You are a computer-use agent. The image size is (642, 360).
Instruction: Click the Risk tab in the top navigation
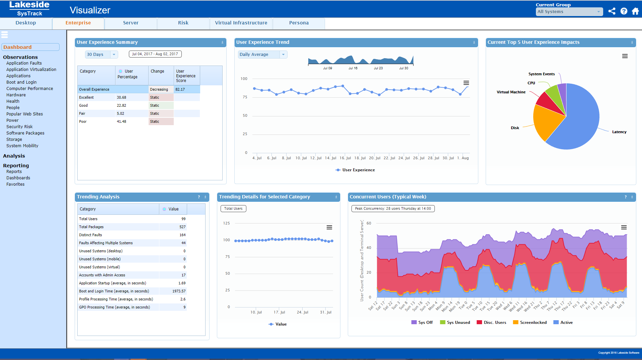pyautogui.click(x=183, y=23)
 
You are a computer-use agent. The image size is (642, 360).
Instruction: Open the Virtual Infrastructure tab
pyautogui.click(x=241, y=23)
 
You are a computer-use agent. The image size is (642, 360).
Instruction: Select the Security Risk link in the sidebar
pyautogui.click(x=19, y=127)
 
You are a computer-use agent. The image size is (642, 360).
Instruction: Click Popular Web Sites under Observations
pyautogui.click(x=24, y=114)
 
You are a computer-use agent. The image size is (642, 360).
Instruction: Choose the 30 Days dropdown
pyautogui.click(x=101, y=55)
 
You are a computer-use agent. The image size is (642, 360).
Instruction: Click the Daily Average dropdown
pyautogui.click(x=262, y=55)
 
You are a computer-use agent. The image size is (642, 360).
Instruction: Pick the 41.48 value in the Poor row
pyautogui.click(x=122, y=122)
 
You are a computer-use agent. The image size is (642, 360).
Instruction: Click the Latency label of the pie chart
pyautogui.click(x=619, y=132)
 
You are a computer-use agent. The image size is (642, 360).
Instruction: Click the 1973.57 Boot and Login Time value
pyautogui.click(x=179, y=291)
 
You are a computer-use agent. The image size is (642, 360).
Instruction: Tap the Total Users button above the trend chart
pyautogui.click(x=233, y=209)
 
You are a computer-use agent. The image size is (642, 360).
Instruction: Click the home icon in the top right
pyautogui.click(x=635, y=11)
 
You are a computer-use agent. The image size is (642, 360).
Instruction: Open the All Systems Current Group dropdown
pyautogui.click(x=569, y=12)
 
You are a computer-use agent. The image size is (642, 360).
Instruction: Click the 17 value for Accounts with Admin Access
pyautogui.click(x=183, y=275)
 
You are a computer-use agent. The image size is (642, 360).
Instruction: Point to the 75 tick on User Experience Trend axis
pyautogui.click(x=245, y=97)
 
